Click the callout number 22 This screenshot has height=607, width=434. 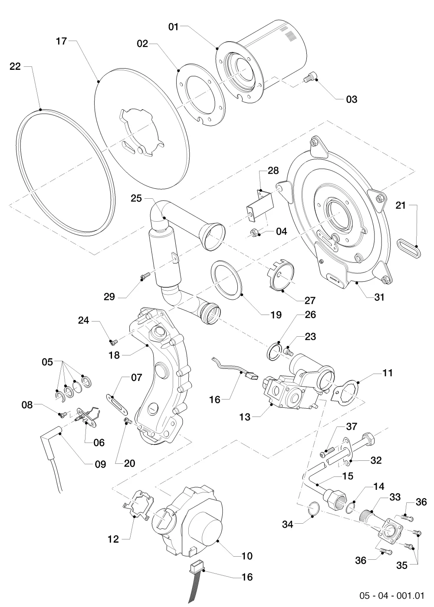tap(15, 66)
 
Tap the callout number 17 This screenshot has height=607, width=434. tap(61, 41)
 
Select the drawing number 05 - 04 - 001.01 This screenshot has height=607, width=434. tap(392, 596)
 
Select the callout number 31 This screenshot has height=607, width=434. tap(379, 298)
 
